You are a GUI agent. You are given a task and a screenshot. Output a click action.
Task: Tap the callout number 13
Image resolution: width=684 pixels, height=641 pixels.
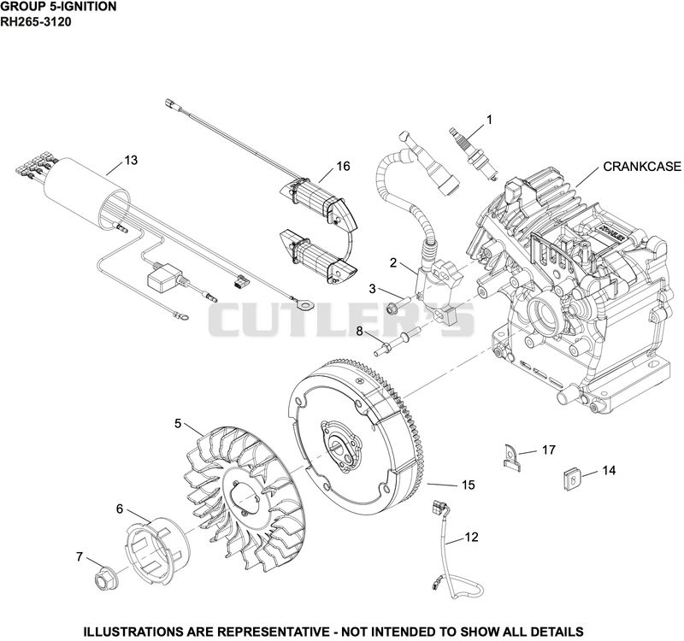pos(131,161)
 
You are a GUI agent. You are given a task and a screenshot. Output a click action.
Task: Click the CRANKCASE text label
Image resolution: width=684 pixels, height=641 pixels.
pos(642,167)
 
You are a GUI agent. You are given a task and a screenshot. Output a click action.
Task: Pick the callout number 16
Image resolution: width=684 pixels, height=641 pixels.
pos(344,166)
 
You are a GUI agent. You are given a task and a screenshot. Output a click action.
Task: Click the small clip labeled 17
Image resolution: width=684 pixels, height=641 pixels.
pos(510,457)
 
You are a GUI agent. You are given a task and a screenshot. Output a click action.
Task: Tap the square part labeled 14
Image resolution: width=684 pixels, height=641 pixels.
pos(570,480)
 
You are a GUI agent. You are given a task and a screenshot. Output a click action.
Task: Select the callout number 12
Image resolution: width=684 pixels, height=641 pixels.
pos(472,537)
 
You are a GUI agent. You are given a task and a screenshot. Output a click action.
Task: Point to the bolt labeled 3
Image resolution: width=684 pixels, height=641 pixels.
pos(398,305)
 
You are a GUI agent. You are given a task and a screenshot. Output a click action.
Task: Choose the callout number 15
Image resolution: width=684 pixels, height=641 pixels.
pos(468,485)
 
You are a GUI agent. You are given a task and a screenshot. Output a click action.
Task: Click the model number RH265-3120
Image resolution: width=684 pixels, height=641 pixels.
pos(35,21)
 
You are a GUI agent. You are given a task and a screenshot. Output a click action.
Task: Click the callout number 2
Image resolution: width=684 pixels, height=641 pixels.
pos(393,263)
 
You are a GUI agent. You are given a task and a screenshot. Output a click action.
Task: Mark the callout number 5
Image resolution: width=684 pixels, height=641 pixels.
pos(178,423)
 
